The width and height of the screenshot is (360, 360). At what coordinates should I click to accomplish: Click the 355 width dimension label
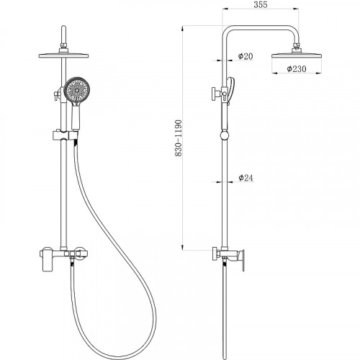(261, 5)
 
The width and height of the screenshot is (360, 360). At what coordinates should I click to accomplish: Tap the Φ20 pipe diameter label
(246, 56)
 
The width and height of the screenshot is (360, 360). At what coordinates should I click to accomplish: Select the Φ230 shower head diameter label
(297, 69)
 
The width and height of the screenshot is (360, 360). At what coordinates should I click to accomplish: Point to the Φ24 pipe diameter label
(246, 178)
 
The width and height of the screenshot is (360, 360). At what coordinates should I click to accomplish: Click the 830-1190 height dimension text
(179, 138)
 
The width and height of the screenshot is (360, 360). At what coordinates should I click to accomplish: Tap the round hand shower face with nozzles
(77, 90)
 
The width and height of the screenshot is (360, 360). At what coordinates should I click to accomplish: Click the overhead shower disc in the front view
(63, 55)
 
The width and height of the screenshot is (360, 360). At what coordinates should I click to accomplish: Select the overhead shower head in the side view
(297, 55)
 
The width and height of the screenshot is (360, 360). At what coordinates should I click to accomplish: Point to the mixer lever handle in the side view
(243, 260)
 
